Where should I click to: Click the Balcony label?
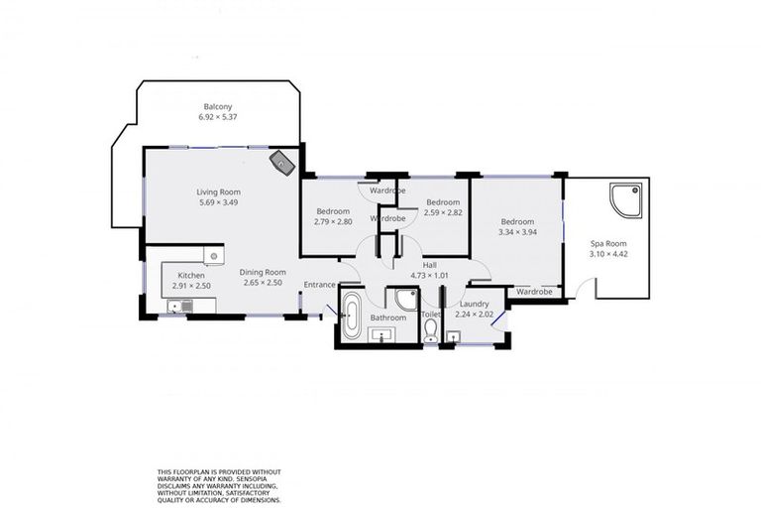(218, 106)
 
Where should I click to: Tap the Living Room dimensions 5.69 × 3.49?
(218, 202)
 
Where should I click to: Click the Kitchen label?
(191, 275)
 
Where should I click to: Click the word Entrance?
(319, 285)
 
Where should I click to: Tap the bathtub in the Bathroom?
(352, 315)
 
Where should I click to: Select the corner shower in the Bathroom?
(401, 301)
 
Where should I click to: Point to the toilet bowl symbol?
(430, 335)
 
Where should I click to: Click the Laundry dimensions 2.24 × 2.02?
(475, 315)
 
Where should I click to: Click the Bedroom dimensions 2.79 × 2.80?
(334, 221)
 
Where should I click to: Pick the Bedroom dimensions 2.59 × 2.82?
(442, 212)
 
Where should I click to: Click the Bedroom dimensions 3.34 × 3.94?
(516, 232)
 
